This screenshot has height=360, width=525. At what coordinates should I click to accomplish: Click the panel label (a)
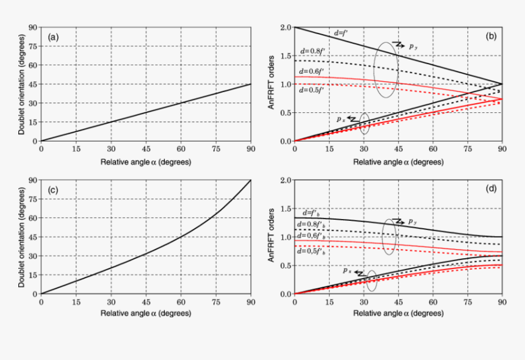[x=54, y=37]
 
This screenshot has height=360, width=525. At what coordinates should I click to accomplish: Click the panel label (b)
[x=491, y=37]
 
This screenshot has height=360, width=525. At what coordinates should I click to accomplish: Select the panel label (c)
[x=54, y=190]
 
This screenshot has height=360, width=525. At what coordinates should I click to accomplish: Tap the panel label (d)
[x=491, y=189]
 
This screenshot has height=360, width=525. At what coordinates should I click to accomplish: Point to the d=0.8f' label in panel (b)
[x=312, y=51]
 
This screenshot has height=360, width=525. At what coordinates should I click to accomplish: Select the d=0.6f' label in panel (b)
[x=312, y=71]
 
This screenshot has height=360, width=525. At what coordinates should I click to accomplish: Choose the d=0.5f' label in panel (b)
[x=312, y=90]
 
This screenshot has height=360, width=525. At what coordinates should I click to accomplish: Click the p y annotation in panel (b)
[x=413, y=46]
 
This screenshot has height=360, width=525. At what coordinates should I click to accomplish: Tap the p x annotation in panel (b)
[x=341, y=119]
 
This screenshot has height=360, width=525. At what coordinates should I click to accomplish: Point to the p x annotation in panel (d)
[x=346, y=270]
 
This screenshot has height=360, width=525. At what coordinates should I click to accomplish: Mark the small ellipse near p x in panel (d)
[x=372, y=281]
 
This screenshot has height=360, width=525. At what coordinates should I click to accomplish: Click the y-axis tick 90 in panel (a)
[x=32, y=27]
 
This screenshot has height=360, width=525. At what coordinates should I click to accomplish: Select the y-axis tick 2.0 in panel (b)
[x=284, y=27]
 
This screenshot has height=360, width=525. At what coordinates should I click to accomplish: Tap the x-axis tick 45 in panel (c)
[x=146, y=303]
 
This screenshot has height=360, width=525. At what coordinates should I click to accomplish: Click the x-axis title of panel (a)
[x=145, y=162]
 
